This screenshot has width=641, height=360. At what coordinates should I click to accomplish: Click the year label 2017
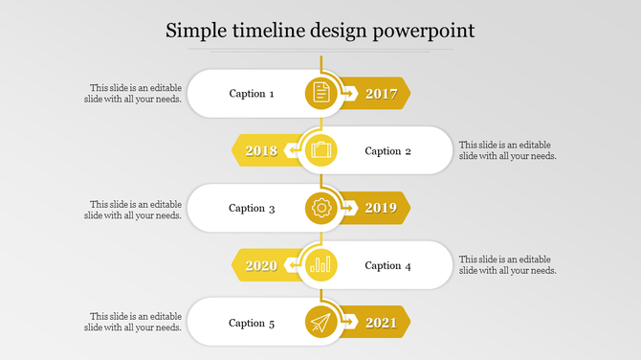pyautogui.click(x=381, y=94)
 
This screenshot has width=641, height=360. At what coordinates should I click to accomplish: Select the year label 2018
pyautogui.click(x=261, y=150)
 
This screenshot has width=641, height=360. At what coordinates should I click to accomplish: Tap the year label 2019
pyautogui.click(x=381, y=208)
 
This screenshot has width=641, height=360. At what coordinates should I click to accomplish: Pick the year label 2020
pyautogui.click(x=261, y=265)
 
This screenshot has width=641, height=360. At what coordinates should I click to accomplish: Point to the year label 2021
pyautogui.click(x=381, y=323)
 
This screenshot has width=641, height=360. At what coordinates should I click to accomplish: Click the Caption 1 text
pyautogui.click(x=252, y=94)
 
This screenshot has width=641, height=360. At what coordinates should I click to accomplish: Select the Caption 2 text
pyautogui.click(x=388, y=150)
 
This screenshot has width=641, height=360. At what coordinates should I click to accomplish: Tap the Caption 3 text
pyautogui.click(x=252, y=208)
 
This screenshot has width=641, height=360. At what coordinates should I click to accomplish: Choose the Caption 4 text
pyautogui.click(x=388, y=265)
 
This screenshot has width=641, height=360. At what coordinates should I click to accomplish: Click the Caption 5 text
pyautogui.click(x=252, y=323)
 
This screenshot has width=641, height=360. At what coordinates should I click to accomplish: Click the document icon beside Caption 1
pyautogui.click(x=321, y=93)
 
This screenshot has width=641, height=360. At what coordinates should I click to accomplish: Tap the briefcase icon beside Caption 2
pyautogui.click(x=321, y=150)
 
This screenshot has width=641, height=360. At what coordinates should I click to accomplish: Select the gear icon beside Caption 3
pyautogui.click(x=321, y=208)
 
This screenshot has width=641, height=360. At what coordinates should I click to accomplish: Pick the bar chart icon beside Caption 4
pyautogui.click(x=321, y=265)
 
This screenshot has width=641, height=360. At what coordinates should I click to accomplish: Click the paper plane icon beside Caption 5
pyautogui.click(x=321, y=323)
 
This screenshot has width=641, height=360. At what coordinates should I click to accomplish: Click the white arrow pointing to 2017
pyautogui.click(x=348, y=94)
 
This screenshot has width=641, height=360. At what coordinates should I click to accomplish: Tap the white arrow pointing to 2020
pyautogui.click(x=292, y=265)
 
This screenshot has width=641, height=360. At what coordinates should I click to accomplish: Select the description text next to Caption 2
pyautogui.click(x=507, y=150)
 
